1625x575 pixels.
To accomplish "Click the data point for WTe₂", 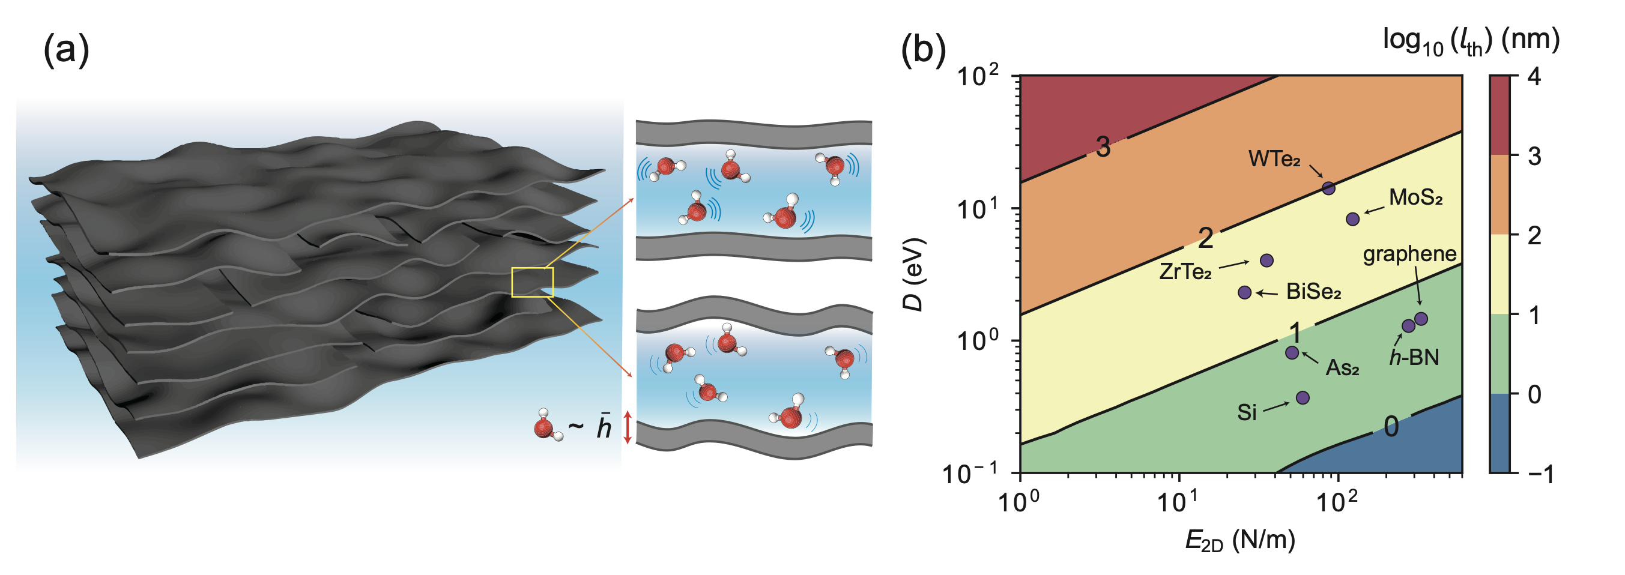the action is pyautogui.click(x=1328, y=188).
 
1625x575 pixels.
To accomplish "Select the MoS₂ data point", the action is pyautogui.click(x=1352, y=219).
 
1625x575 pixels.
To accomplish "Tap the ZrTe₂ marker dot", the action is pyautogui.click(x=1266, y=260).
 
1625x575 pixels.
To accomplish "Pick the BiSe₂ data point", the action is pyautogui.click(x=1245, y=292).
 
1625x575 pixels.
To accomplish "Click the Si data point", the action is pyautogui.click(x=1303, y=397).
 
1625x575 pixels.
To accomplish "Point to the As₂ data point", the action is pyautogui.click(x=1292, y=352).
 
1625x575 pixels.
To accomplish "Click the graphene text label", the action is pyautogui.click(x=1410, y=254).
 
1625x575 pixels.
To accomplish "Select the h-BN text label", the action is pyautogui.click(x=1414, y=358).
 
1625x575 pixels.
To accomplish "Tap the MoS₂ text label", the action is pyautogui.click(x=1415, y=197).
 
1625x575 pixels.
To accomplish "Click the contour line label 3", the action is pyautogui.click(x=1103, y=147).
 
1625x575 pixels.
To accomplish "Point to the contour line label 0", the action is pyautogui.click(x=1391, y=427).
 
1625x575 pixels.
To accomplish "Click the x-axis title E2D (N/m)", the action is pyautogui.click(x=1240, y=541).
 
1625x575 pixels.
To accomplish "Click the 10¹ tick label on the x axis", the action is pyautogui.click(x=1178, y=501).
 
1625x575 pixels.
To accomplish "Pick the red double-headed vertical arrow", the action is pyautogui.click(x=627, y=427).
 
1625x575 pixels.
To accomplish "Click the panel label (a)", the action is pyautogui.click(x=66, y=49).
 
